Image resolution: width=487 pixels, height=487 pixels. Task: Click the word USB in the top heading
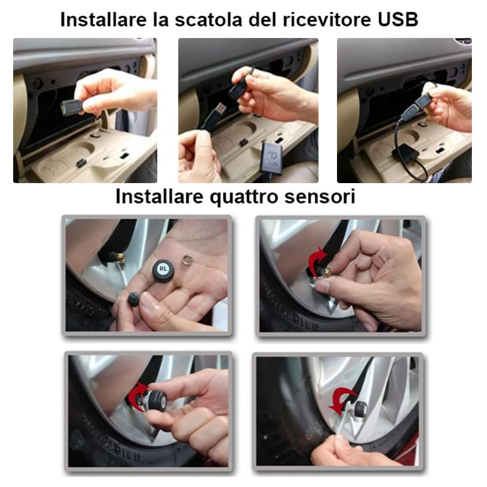[398, 20]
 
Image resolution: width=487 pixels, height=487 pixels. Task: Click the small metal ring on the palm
[188, 257]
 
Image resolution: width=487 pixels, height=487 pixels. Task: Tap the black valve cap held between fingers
[133, 299]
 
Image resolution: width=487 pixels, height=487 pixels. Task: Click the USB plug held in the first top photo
[68, 105]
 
